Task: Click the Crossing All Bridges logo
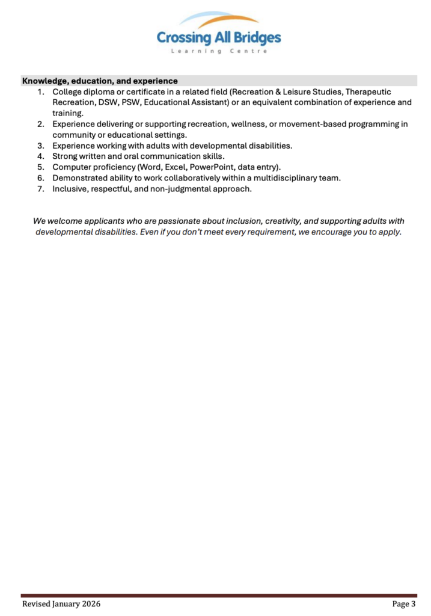click(x=218, y=34)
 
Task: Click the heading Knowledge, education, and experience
click(x=100, y=81)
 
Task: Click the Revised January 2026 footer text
click(x=61, y=603)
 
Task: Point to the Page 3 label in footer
click(x=404, y=603)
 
